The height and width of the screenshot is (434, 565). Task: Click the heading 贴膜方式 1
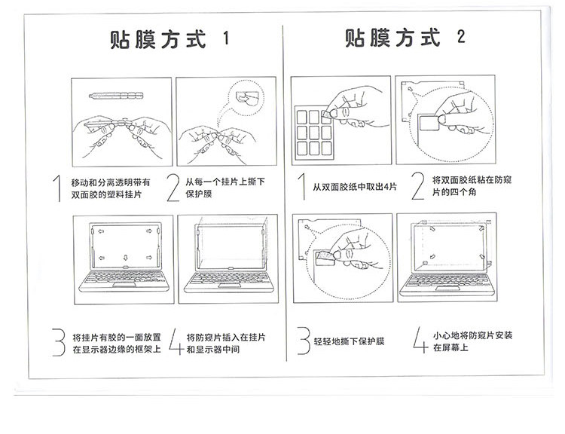click(169, 39)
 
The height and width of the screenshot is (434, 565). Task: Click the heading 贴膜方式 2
click(405, 38)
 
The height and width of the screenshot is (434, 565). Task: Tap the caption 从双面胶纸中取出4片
click(355, 187)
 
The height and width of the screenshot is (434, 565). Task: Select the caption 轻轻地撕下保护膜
click(349, 341)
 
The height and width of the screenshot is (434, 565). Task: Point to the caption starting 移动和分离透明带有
click(111, 188)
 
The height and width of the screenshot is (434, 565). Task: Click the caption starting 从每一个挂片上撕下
click(225, 188)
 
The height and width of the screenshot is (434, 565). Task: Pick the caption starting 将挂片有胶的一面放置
click(117, 343)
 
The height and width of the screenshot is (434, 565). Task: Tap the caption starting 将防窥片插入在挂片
click(226, 343)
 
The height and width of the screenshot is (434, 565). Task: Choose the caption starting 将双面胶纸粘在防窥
click(472, 185)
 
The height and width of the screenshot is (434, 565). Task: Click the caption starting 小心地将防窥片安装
click(472, 341)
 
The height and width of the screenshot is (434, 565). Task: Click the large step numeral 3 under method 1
click(59, 342)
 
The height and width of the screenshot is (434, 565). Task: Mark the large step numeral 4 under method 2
click(420, 340)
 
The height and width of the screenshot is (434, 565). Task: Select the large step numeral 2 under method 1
click(173, 188)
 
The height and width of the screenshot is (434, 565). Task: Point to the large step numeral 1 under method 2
click(302, 186)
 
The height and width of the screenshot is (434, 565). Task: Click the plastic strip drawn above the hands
click(116, 96)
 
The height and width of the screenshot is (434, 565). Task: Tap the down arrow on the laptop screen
click(125, 258)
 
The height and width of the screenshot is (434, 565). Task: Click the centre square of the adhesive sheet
click(314, 133)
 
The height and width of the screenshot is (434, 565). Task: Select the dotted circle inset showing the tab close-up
click(247, 97)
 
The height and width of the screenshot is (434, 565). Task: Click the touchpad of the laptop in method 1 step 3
click(124, 285)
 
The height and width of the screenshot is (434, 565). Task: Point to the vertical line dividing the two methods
click(285, 193)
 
